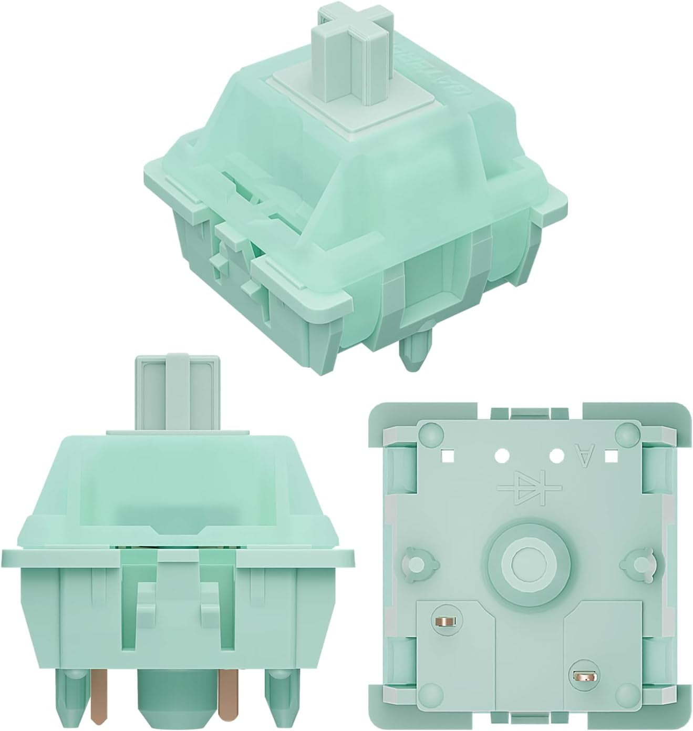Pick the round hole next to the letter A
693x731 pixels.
point(556,453)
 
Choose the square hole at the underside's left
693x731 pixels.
point(447,454)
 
